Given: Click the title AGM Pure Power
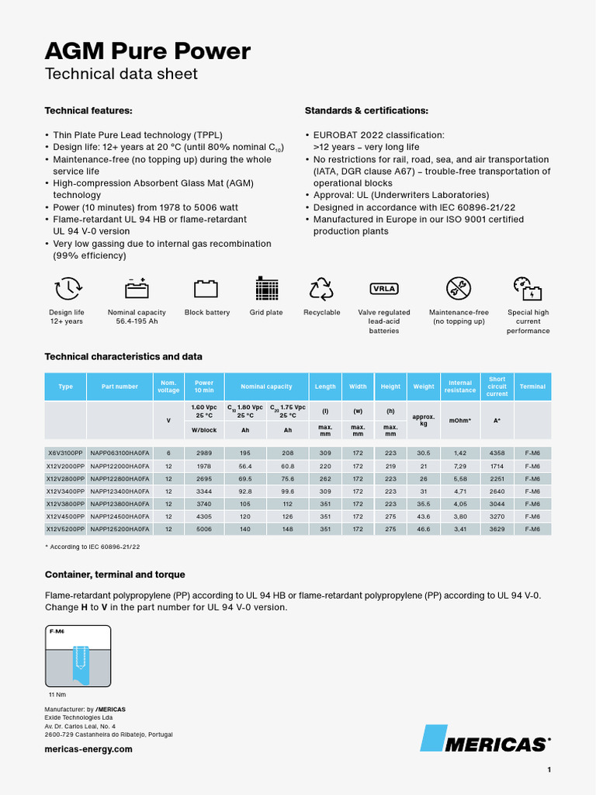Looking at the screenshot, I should [147, 51].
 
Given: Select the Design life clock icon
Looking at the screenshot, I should [67, 289].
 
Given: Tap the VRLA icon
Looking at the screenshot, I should [383, 289].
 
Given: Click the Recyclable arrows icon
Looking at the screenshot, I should [321, 289].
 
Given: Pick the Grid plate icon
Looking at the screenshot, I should [266, 289].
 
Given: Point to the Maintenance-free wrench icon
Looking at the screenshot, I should [458, 289].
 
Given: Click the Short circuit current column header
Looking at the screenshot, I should [497, 387].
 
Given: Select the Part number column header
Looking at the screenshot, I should [120, 387].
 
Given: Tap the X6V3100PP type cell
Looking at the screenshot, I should [65, 453].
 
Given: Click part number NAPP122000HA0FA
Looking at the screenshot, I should [120, 465].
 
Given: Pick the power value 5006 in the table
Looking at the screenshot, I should [204, 529].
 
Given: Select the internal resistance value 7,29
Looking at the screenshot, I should [460, 465].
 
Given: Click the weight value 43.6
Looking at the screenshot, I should [424, 516].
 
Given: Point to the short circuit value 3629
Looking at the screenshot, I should [497, 529].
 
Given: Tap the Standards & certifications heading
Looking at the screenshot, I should [366, 111].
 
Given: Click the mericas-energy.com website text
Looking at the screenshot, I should [88, 749].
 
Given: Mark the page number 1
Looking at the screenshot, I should [549, 770].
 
